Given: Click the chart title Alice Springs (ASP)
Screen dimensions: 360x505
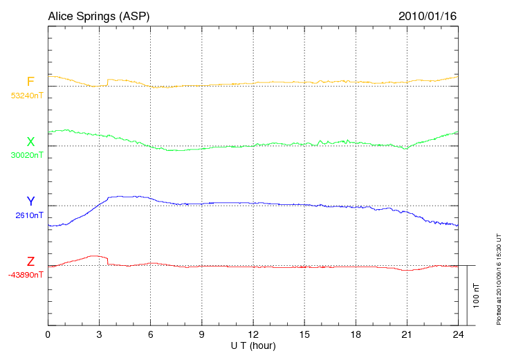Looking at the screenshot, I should pyautogui.click(x=98, y=16).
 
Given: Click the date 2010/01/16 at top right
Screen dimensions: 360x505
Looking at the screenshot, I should pyautogui.click(x=427, y=16).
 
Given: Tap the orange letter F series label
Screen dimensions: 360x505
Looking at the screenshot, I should pyautogui.click(x=30, y=82).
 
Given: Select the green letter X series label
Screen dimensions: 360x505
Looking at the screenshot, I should pyautogui.click(x=30, y=142).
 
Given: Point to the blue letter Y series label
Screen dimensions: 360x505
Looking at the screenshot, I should pyautogui.click(x=30, y=201).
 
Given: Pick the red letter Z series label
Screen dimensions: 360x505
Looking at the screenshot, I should pyautogui.click(x=30, y=262).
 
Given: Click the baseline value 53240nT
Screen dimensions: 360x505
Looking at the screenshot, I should pyautogui.click(x=27, y=96).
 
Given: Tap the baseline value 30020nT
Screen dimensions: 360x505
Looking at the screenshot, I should pyautogui.click(x=27, y=155).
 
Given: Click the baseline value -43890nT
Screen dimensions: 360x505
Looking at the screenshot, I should pyautogui.click(x=26, y=275).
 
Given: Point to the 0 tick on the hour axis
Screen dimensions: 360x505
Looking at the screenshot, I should pyautogui.click(x=48, y=334).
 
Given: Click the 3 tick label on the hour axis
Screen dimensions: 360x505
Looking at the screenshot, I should pyautogui.click(x=99, y=334).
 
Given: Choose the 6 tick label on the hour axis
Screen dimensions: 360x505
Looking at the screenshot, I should pyautogui.click(x=150, y=334).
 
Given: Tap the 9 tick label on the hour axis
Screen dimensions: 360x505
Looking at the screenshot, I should pyautogui.click(x=201, y=334).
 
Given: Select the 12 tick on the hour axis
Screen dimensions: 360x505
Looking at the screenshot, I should pyautogui.click(x=253, y=334).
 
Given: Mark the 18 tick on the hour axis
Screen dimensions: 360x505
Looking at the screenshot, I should pyautogui.click(x=356, y=334).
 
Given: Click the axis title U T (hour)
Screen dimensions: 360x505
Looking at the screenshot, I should pyautogui.click(x=253, y=345).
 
